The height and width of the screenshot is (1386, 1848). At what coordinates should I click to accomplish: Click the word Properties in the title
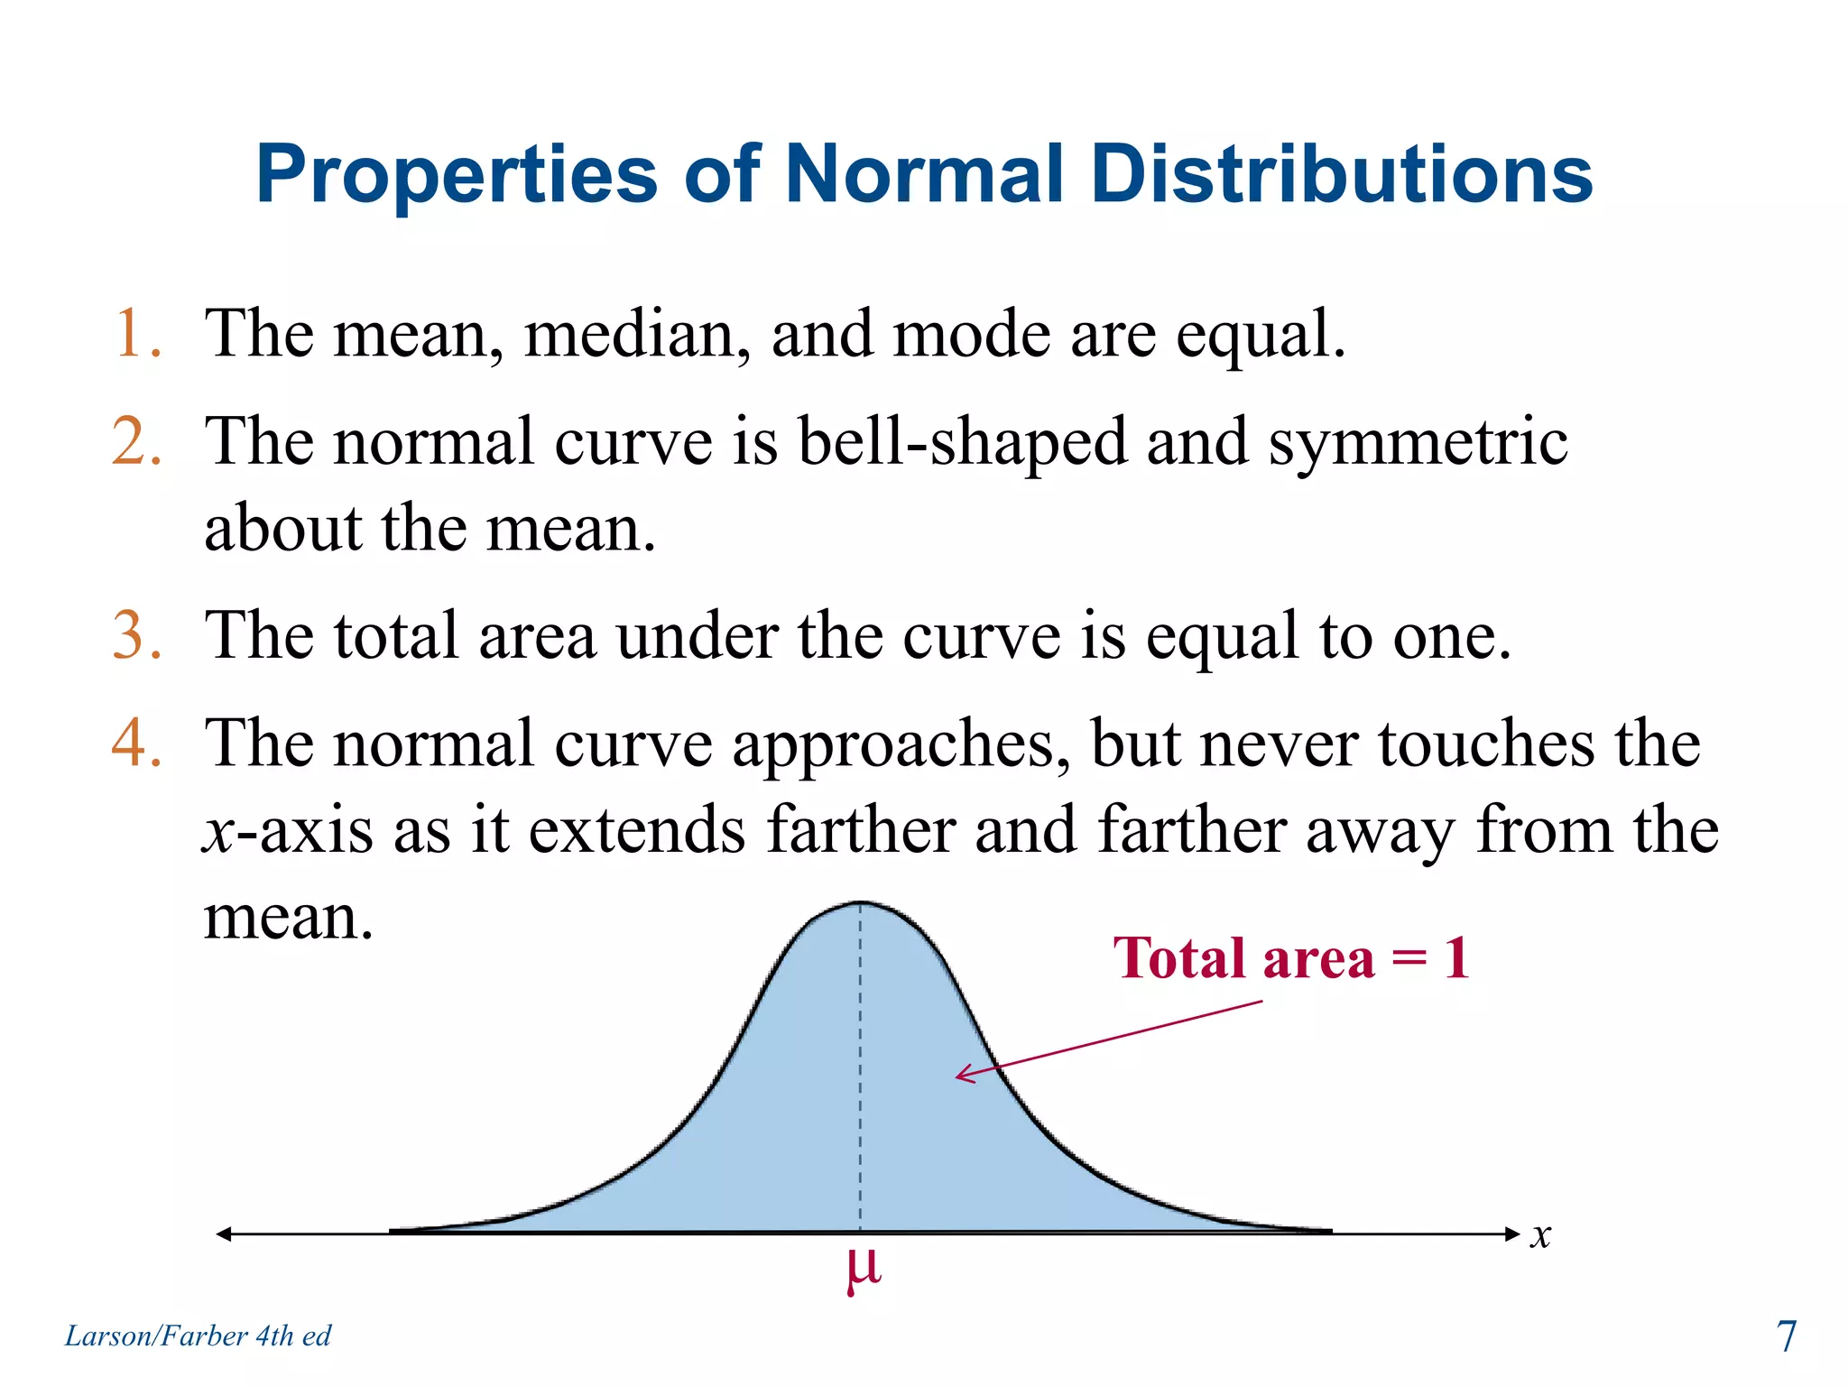(x=457, y=175)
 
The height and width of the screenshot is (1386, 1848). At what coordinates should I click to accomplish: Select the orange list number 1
(x=135, y=334)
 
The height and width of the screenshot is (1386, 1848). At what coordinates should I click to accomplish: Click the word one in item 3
(x=1449, y=637)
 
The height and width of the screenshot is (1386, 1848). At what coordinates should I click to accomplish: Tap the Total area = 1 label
(x=1291, y=958)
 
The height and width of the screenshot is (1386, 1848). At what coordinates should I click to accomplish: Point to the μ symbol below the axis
(x=863, y=1269)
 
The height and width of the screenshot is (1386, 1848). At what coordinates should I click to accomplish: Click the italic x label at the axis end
(x=1540, y=1235)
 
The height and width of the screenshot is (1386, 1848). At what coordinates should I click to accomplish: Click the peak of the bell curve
(x=861, y=903)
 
